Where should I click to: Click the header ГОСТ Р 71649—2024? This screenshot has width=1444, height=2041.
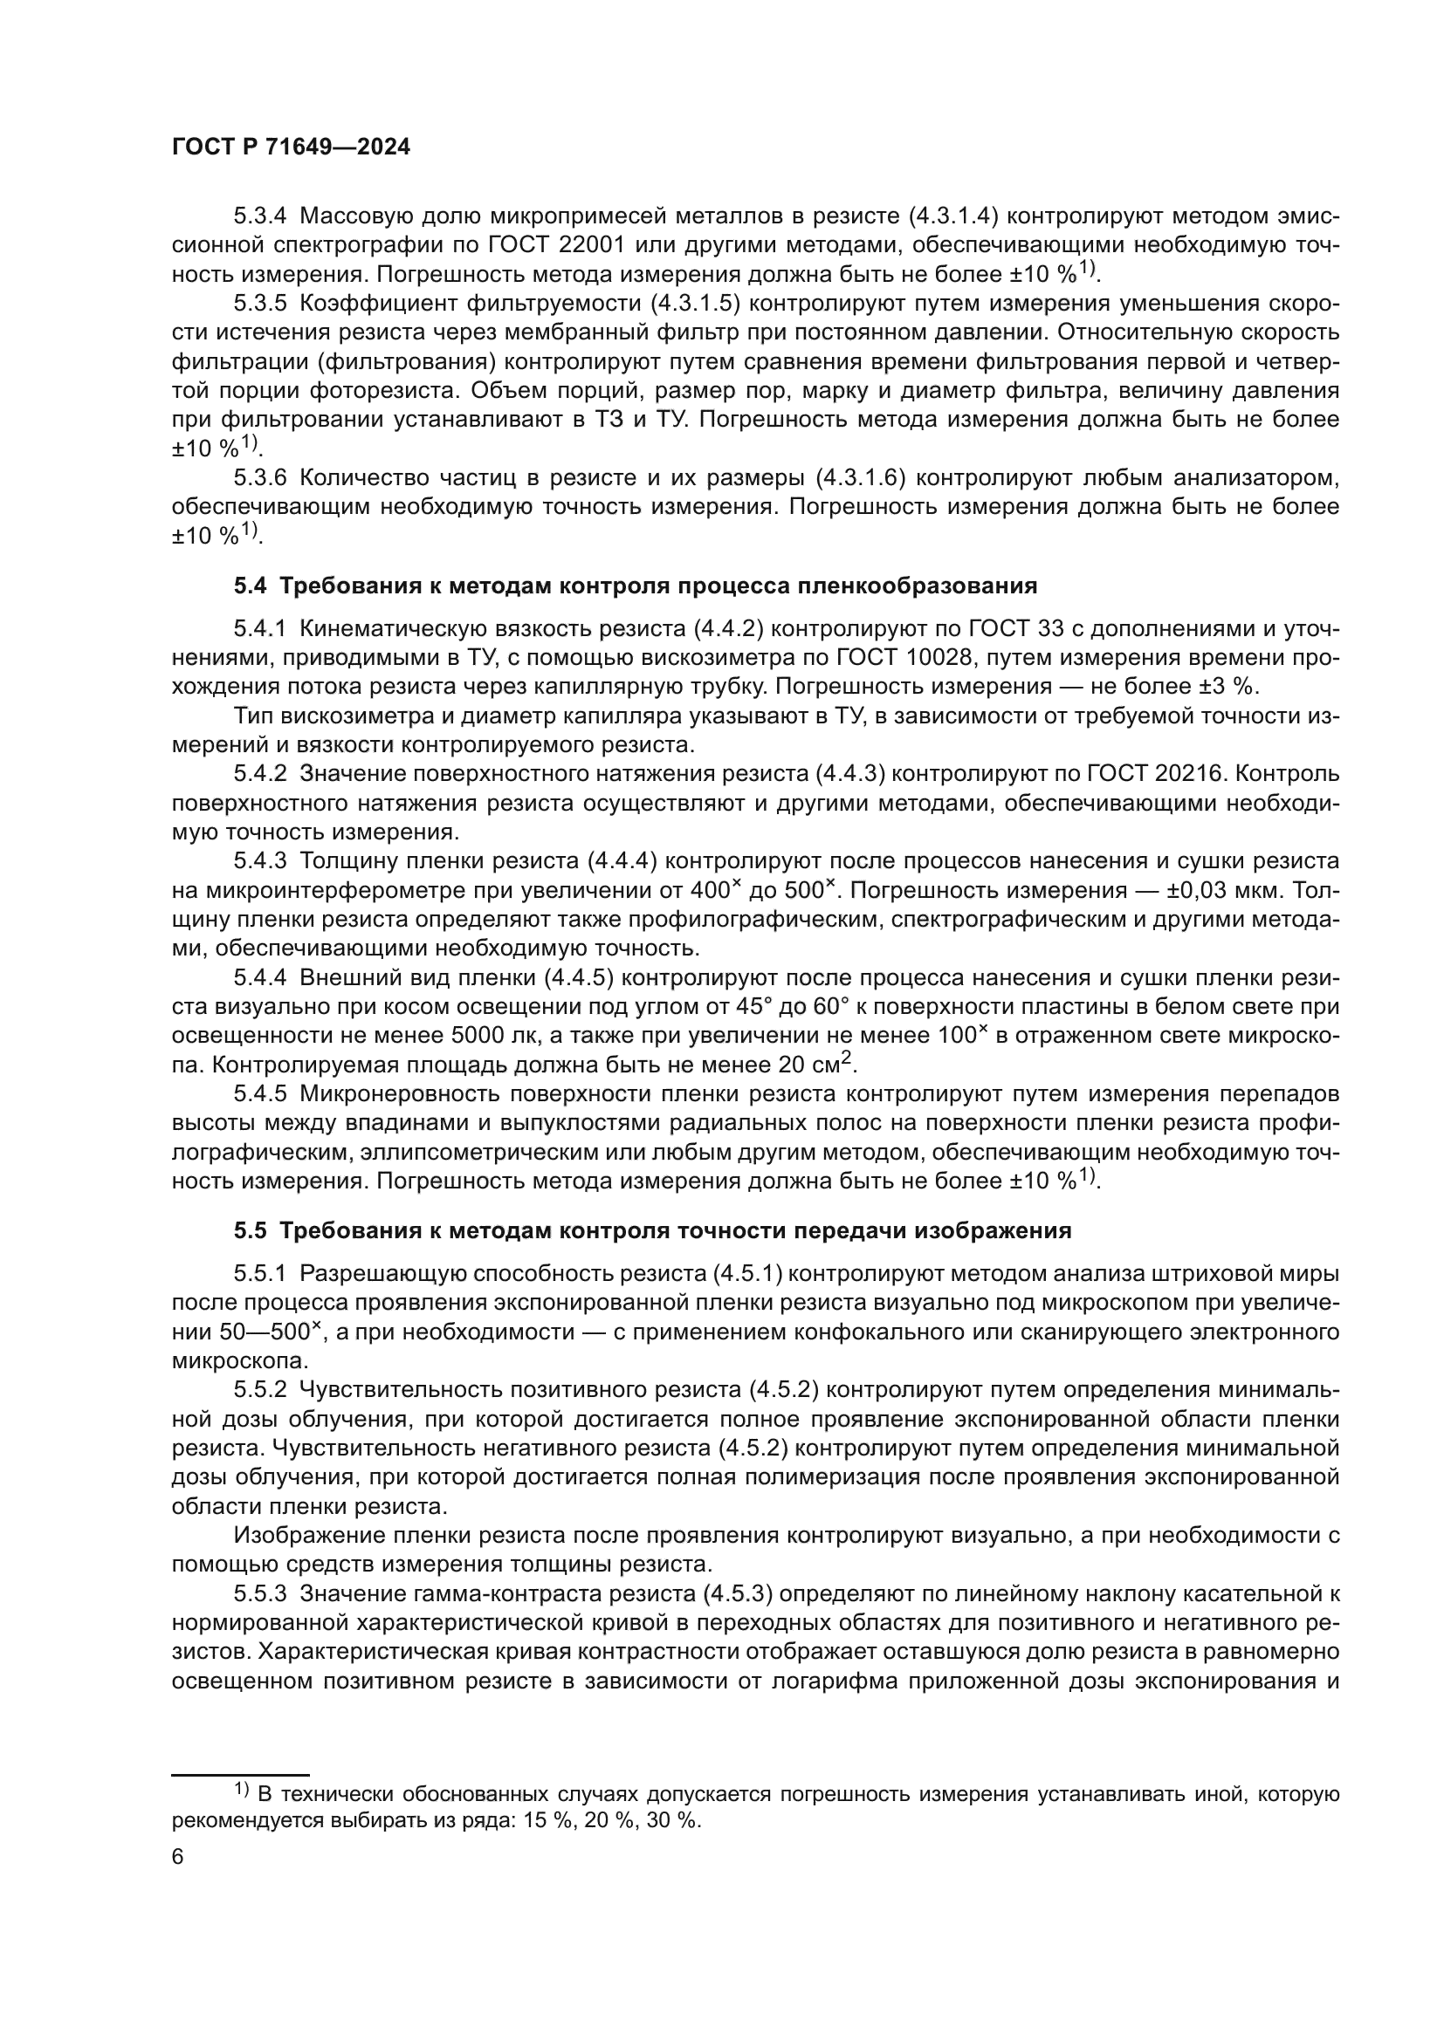pos(291,148)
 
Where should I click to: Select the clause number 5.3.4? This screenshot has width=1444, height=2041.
pos(259,216)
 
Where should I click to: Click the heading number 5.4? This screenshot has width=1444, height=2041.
pos(250,586)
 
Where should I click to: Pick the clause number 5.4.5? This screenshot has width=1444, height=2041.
pos(259,1093)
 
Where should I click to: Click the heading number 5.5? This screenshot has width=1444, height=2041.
pos(250,1231)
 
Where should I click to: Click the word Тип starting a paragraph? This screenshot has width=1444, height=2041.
pos(251,716)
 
